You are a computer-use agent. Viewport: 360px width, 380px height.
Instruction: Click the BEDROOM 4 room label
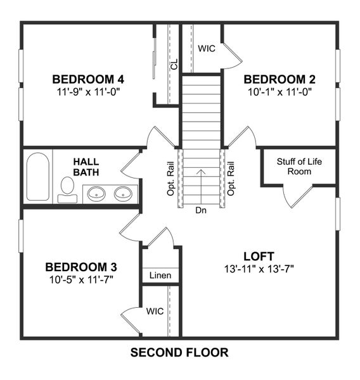coord(87,80)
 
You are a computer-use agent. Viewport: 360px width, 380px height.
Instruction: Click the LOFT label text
coord(259,256)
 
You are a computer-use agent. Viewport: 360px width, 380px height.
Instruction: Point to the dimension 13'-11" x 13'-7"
coord(259,268)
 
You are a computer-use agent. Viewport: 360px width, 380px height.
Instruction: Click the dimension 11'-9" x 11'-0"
coord(87,91)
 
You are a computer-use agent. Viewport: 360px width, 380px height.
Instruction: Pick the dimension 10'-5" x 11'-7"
coord(80,279)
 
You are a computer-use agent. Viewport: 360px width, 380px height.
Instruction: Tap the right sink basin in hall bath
coord(123,193)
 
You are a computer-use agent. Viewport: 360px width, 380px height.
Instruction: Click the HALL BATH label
coord(86,167)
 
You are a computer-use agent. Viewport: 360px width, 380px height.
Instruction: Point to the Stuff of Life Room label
coord(299,167)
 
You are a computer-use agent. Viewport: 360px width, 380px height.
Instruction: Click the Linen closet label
coord(160,275)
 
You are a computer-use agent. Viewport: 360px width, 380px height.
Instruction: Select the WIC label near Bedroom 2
coord(207,48)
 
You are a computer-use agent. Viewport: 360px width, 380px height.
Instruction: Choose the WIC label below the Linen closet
coord(155,312)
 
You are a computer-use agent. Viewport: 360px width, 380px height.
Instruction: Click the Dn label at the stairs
coord(201,210)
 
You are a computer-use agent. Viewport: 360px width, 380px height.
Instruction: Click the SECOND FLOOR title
coord(179,353)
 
